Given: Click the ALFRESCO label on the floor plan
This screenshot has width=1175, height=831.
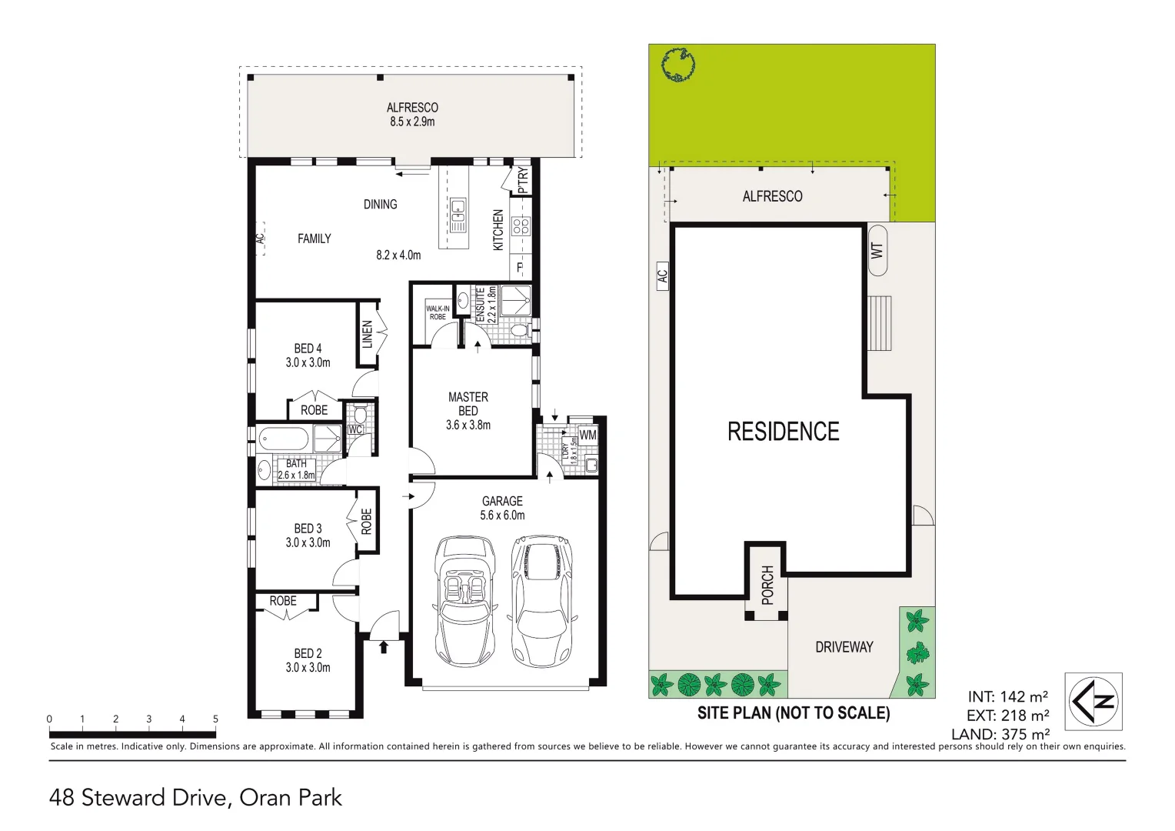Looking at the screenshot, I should point(412,108).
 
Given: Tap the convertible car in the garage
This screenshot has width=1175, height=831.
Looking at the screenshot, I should point(464,601).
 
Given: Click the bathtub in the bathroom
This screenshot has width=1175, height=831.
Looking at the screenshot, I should point(284,440).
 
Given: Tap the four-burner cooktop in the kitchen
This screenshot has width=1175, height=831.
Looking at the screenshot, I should point(521,226).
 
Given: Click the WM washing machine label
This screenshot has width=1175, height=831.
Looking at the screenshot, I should point(587,435).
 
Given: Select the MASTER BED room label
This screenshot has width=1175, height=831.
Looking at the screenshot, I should point(468,403).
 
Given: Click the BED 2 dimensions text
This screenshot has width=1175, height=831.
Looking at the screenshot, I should point(308,668).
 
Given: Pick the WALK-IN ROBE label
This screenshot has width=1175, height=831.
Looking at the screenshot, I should point(438,312).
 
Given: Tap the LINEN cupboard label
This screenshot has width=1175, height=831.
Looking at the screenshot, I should point(368,334).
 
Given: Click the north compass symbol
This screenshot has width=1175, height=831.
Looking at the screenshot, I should point(1093,701).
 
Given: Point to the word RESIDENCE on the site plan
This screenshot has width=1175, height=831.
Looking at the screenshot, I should point(783,432).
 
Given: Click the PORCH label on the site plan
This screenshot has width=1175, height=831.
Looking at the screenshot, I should point(767,585).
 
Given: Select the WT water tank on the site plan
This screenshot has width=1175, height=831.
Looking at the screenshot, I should point(877,251).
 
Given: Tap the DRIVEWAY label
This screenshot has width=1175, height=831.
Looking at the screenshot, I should point(844,647).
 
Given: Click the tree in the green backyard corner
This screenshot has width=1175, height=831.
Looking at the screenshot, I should point(678,65).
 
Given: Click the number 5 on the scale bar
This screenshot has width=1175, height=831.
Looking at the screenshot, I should point(215,719).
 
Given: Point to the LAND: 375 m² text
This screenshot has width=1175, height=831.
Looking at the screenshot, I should point(1000,734).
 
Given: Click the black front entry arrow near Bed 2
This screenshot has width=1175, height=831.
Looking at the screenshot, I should point(384,647).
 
